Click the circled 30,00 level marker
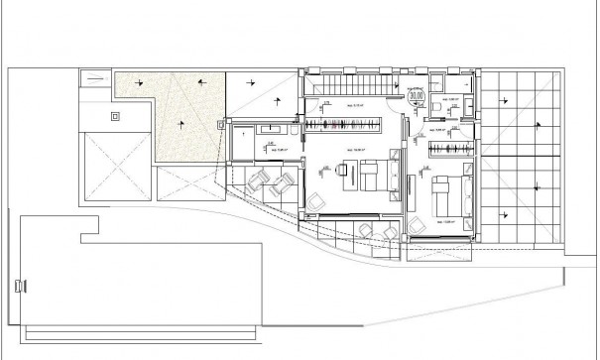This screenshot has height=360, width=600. click(x=416, y=95)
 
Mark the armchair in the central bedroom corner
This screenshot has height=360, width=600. click(x=316, y=202)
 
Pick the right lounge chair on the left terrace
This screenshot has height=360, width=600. click(x=282, y=181)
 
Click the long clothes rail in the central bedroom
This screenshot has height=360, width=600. click(x=342, y=124)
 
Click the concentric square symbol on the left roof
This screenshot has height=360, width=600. click(x=116, y=116)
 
